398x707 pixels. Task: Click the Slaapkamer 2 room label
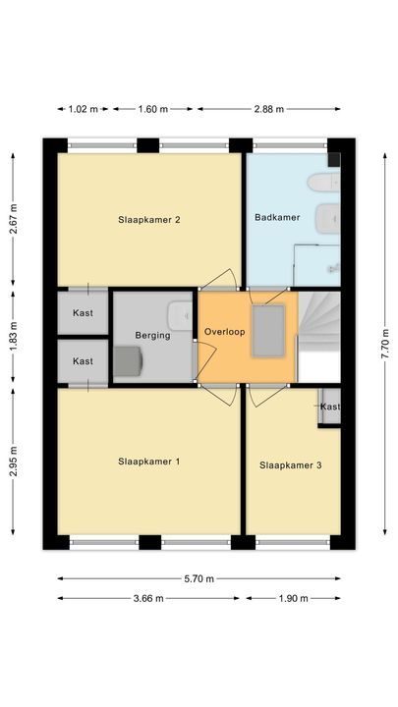coord(148,220)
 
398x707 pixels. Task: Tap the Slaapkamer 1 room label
coord(148,461)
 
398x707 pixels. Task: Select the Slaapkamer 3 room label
coord(290,465)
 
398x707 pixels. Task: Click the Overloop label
coord(224,332)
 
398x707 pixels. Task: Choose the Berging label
coord(152,335)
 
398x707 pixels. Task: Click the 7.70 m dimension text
coord(385,344)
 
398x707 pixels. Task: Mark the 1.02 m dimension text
coord(84,109)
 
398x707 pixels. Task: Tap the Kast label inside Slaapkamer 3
coord(330,407)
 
